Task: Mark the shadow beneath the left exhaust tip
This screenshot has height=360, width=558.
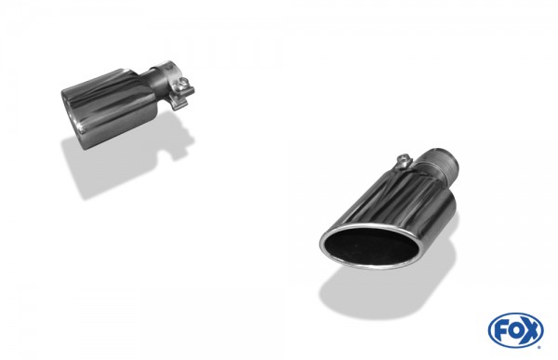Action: [x=102, y=167]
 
